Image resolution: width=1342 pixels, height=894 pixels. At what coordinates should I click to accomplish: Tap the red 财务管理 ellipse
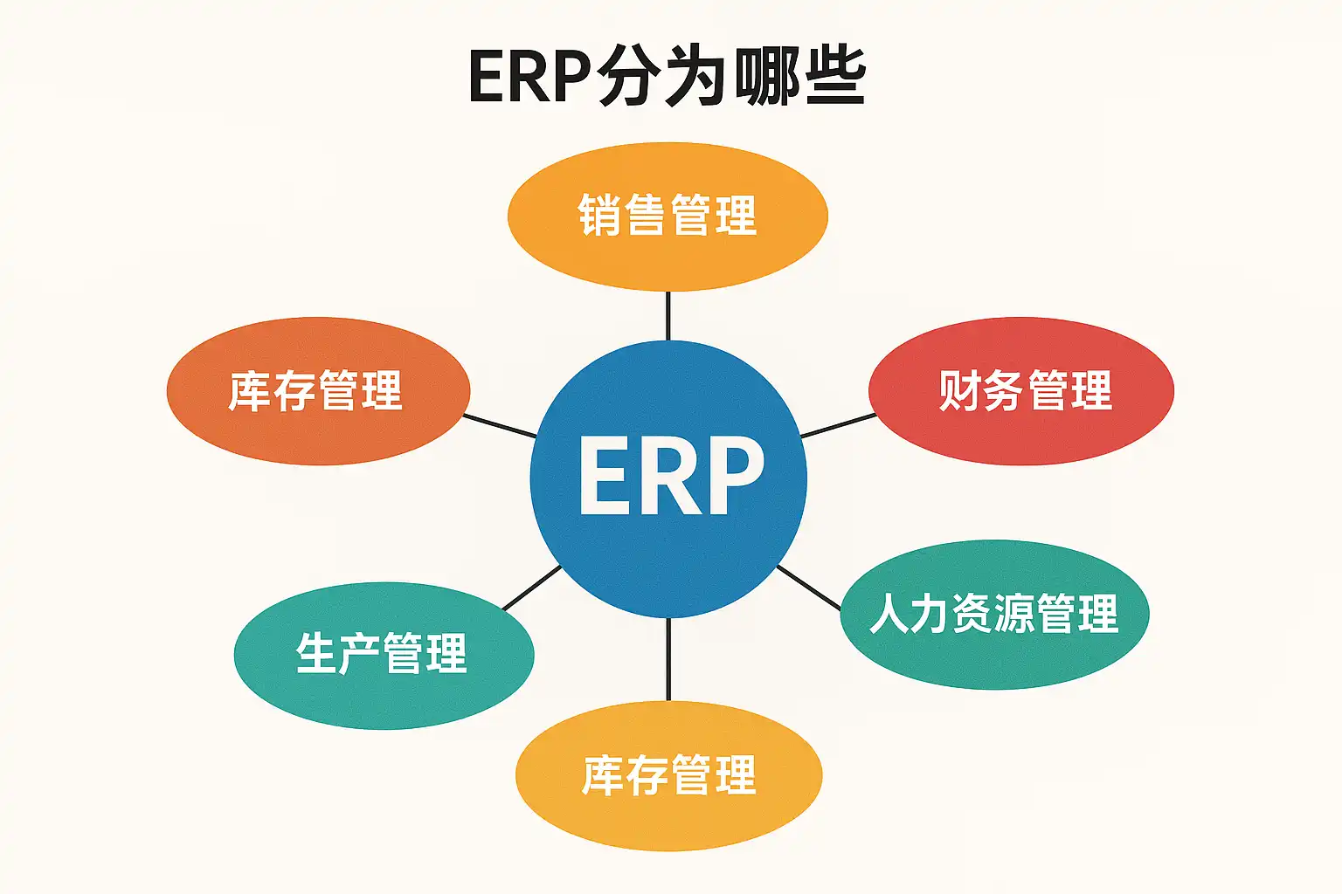coord(1022,428)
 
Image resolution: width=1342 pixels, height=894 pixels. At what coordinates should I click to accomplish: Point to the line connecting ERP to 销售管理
coord(668,315)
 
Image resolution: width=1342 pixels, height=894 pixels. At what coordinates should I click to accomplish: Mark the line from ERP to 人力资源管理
coord(808,587)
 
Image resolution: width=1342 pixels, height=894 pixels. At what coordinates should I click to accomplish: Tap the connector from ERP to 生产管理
coord(531,587)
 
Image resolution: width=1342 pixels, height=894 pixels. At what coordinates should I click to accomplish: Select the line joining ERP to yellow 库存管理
coord(668,659)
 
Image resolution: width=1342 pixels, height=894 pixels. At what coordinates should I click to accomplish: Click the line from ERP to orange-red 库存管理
coord(500,426)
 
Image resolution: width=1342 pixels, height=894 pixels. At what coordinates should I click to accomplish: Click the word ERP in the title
coord(529,77)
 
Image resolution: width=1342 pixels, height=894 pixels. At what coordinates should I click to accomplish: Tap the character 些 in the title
coord(834,77)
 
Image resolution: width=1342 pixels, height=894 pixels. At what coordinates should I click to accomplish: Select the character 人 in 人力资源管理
coord(890,613)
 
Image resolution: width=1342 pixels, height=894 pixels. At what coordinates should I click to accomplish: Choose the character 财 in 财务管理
coord(958,390)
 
